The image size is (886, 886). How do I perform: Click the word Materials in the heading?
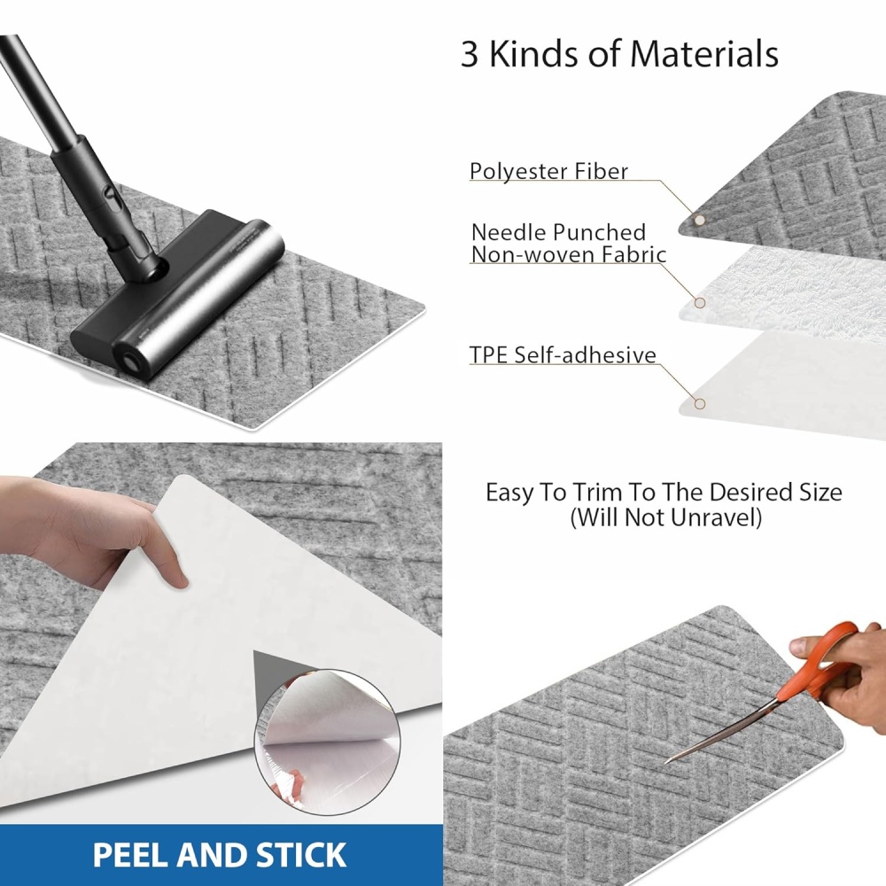coord(704,54)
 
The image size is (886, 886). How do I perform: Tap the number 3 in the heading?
coord(470,55)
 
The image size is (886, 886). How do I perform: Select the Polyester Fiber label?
coord(548,171)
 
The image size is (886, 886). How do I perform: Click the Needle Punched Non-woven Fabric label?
coord(569,244)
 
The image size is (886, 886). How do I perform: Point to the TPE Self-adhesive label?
coord(563,355)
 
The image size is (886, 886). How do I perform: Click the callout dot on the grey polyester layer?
coord(700,221)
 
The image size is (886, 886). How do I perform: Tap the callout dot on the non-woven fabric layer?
coord(700,303)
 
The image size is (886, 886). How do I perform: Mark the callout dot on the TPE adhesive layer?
coord(700,403)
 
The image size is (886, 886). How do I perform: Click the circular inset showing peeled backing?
coord(327,742)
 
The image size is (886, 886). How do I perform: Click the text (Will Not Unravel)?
coord(665,517)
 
